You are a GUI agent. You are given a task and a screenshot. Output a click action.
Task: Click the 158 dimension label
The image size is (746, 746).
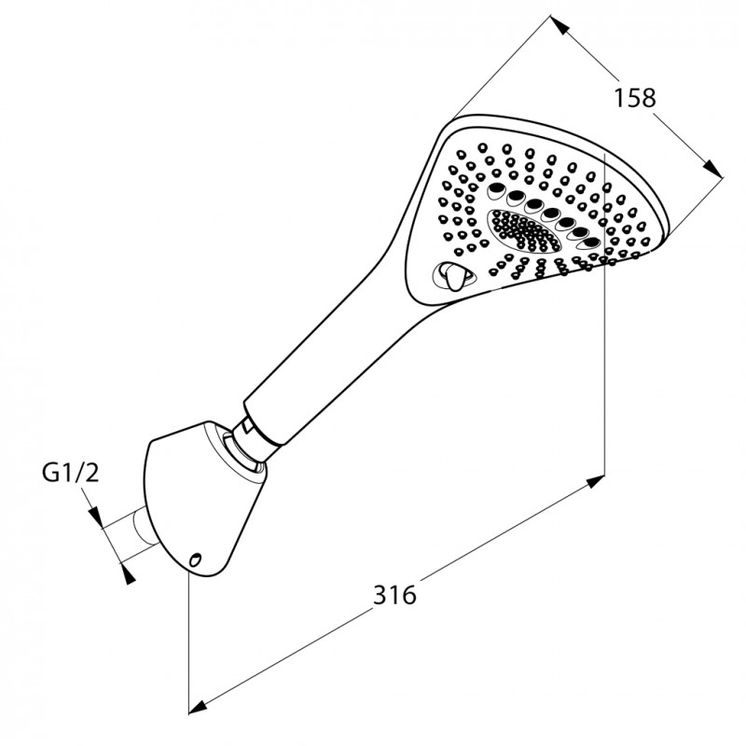(x=634, y=98)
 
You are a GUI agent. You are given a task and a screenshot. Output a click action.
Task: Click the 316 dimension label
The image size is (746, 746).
(x=394, y=594)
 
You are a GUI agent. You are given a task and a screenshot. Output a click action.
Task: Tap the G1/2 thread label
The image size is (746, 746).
(x=71, y=473)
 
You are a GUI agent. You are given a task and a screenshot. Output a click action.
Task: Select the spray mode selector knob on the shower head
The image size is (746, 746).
(x=452, y=276)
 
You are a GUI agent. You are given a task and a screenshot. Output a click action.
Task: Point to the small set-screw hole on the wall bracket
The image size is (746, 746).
(x=195, y=559)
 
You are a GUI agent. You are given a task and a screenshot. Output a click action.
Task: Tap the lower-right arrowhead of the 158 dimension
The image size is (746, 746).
(x=712, y=169)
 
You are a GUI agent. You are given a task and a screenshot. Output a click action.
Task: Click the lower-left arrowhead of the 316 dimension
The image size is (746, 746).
(x=199, y=705)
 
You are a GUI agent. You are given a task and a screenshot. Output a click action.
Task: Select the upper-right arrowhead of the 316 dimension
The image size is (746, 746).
(x=595, y=482)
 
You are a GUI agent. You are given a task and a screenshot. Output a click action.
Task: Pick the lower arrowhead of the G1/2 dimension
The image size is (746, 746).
(x=127, y=573)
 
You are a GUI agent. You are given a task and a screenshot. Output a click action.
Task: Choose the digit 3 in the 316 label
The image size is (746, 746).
(x=380, y=594)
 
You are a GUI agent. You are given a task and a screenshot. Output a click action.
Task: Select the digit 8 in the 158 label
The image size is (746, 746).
(x=647, y=98)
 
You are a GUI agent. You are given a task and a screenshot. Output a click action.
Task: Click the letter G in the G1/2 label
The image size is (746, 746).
(x=50, y=473)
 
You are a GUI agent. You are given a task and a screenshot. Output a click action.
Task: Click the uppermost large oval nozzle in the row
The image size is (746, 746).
(x=497, y=189)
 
